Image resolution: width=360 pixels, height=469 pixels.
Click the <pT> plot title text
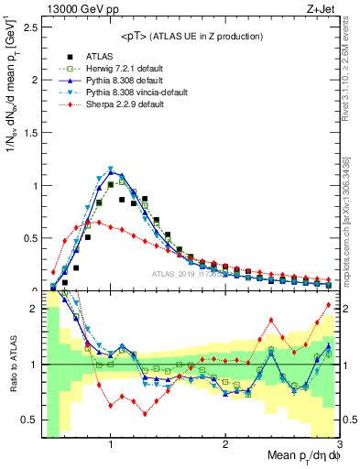pyautogui.click(x=191, y=36)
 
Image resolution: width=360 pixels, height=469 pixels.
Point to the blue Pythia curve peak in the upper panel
pyautogui.click(x=111, y=171)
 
